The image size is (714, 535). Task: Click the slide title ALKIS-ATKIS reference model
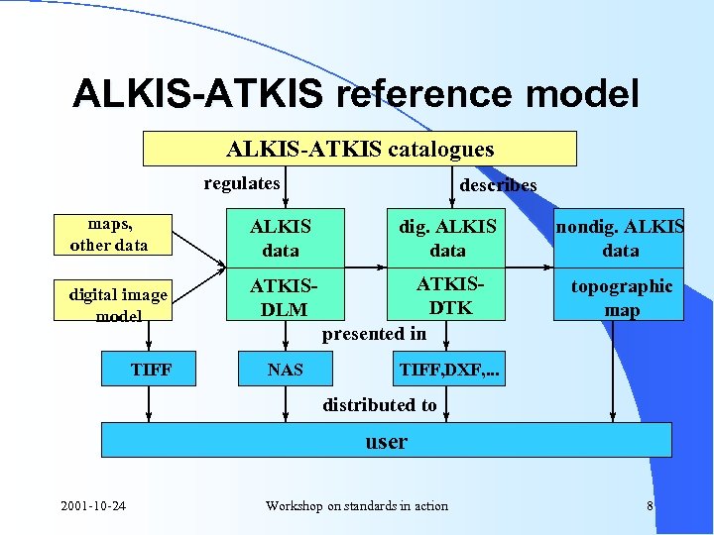[356, 93]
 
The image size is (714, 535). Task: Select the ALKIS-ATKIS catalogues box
[360, 150]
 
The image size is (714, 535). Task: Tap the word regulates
[242, 183]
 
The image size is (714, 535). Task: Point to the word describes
[498, 185]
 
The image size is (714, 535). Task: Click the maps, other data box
[109, 235]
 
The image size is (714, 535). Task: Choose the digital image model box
[118, 304]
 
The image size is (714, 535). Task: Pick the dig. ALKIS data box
[447, 239]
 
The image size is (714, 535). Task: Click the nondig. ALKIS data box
[620, 239]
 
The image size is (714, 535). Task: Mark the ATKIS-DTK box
[447, 296]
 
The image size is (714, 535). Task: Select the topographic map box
[620, 297]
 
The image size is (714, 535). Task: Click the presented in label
[374, 334]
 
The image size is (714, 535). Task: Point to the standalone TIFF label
[151, 371]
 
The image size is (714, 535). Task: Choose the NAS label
[286, 371]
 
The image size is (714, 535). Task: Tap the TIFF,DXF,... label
[449, 371]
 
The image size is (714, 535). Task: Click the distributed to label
[380, 404]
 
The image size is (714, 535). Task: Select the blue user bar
[386, 441]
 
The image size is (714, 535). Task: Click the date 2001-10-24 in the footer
[92, 506]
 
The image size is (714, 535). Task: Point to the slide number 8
[650, 506]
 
